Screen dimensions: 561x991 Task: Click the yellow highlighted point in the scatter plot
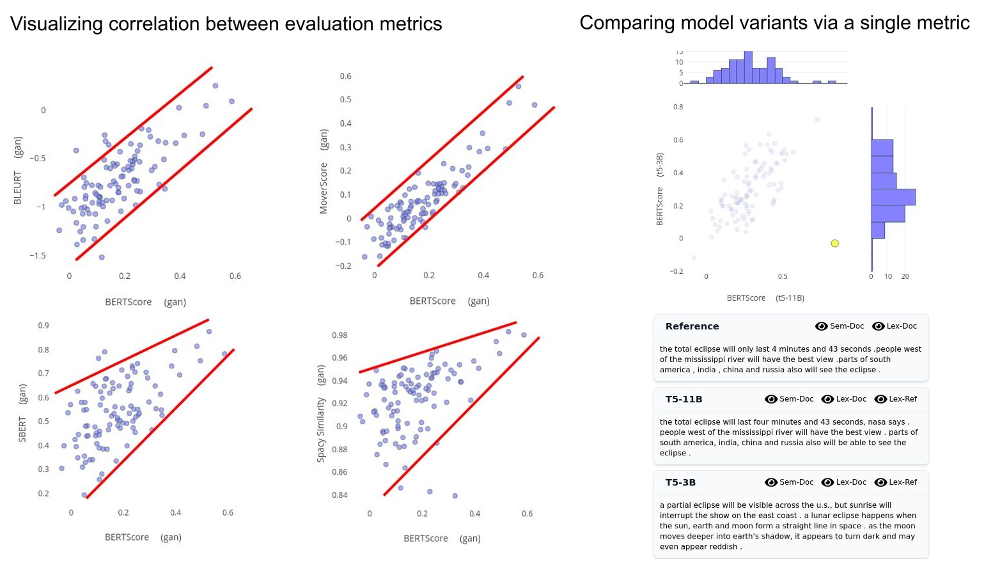[834, 243]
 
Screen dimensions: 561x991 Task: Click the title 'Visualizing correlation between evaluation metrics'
[226, 24]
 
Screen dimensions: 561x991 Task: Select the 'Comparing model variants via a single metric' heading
[774, 22]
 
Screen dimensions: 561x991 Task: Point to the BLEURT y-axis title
[18, 171]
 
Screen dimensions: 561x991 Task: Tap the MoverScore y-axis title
[324, 171]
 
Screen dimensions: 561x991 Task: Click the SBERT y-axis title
[22, 413]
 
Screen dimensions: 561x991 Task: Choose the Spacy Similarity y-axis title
[321, 413]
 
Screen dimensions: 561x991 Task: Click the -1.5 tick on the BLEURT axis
[37, 255]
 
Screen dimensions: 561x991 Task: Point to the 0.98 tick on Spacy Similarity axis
[339, 335]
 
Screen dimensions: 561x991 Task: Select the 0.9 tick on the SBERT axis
[43, 326]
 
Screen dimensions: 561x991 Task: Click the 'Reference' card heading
[692, 326]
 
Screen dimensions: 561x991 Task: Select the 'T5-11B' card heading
[683, 399]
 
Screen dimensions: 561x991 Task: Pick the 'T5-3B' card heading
[680, 482]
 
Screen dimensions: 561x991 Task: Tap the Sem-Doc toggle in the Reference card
[839, 326]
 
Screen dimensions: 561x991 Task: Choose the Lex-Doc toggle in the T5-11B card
[843, 399]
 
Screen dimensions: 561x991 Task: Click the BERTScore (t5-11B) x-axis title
[765, 298]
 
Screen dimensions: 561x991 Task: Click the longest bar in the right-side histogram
[893, 197]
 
